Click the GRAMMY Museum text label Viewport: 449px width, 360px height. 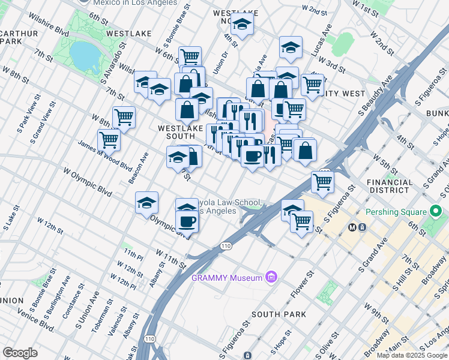(227, 278)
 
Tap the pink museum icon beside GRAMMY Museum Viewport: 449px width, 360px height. (271, 277)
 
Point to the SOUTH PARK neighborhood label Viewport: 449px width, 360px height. (279, 314)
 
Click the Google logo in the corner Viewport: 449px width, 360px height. (20, 353)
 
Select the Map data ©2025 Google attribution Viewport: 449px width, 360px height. (412, 355)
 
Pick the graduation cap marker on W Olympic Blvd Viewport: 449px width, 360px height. (146, 203)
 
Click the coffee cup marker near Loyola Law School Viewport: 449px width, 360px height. (188, 221)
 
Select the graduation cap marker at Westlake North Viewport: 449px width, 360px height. (243, 25)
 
